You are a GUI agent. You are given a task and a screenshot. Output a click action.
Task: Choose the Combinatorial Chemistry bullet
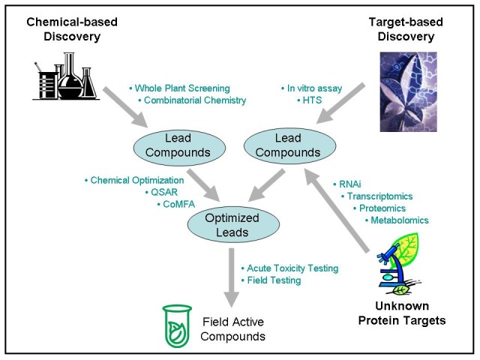point(192,100)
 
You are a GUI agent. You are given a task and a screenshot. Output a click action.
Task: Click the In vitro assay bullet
point(311,88)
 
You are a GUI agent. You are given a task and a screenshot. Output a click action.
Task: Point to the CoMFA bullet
point(176,204)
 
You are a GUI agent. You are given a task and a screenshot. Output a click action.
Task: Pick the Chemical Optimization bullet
point(134,181)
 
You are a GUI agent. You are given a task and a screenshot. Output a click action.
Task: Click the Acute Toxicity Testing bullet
point(289,268)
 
